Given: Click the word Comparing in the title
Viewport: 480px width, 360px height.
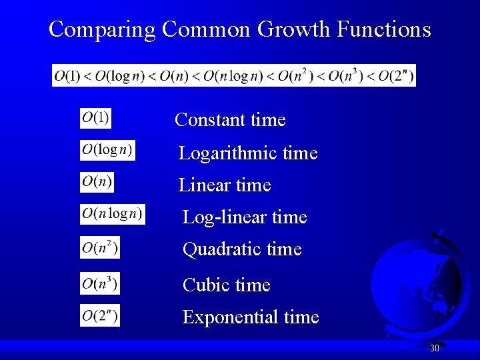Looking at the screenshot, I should pyautogui.click(x=102, y=30).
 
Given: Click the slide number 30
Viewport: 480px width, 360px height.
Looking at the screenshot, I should pyautogui.click(x=435, y=348).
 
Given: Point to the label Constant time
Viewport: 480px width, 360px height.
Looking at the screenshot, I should pyautogui.click(x=230, y=120).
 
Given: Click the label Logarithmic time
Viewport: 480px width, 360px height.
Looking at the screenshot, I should pyautogui.click(x=248, y=153).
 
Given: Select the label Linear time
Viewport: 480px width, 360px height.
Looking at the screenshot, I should pyautogui.click(x=225, y=185).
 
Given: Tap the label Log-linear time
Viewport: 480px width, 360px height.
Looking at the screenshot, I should pyautogui.click(x=245, y=217).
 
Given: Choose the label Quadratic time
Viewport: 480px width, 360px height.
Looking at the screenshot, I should pyautogui.click(x=242, y=249).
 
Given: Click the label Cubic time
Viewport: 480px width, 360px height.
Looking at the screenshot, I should pyautogui.click(x=227, y=285).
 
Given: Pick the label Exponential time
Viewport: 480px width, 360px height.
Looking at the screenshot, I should pyautogui.click(x=251, y=317).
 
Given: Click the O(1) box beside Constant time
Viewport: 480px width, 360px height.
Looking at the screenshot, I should pyautogui.click(x=96, y=119).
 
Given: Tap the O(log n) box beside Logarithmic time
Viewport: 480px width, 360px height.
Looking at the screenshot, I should pyautogui.click(x=107, y=150).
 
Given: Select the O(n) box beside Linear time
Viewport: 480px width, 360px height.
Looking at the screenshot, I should pyautogui.click(x=97, y=181).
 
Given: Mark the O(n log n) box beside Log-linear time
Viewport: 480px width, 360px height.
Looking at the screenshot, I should pyautogui.click(x=112, y=214).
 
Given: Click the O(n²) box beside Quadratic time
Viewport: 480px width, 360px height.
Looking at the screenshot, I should pyautogui.click(x=100, y=247).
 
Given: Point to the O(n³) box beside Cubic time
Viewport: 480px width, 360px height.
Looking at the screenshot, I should pyautogui.click(x=100, y=283).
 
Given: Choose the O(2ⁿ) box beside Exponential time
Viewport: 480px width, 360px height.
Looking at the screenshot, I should pyautogui.click(x=100, y=315).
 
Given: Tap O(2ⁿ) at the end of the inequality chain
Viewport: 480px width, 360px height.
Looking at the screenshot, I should pyautogui.click(x=395, y=75).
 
